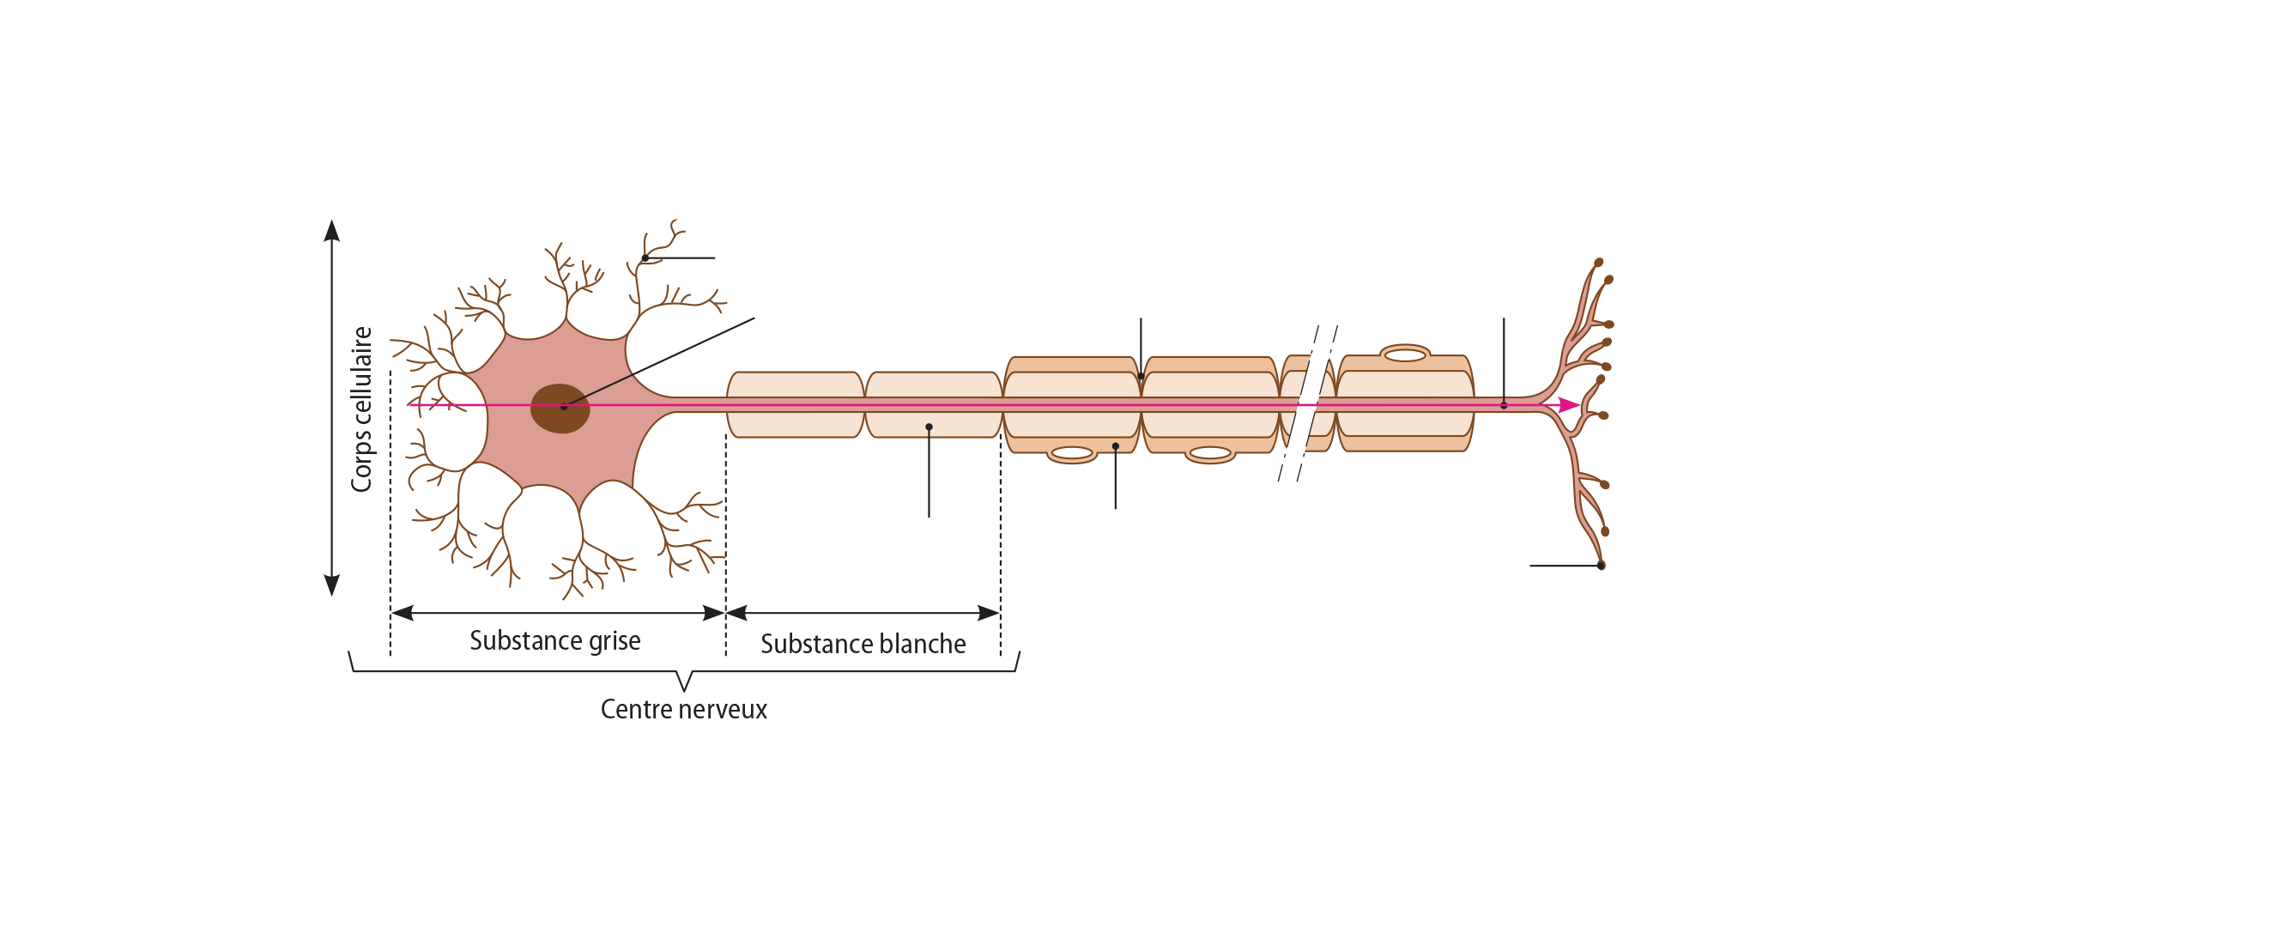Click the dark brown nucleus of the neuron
coord(560,409)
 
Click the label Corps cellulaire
coord(361,409)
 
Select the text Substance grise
coord(554,640)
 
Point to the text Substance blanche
coord(863,644)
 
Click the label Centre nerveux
coord(683,709)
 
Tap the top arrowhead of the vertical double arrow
coord(332,231)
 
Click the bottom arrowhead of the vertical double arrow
coord(332,585)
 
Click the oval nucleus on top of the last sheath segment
coord(1405,354)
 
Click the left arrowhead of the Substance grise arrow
coord(403,613)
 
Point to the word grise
coord(615,640)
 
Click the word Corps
coord(361,464)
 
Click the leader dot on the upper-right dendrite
coord(645,258)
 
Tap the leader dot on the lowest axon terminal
coord(1602,566)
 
